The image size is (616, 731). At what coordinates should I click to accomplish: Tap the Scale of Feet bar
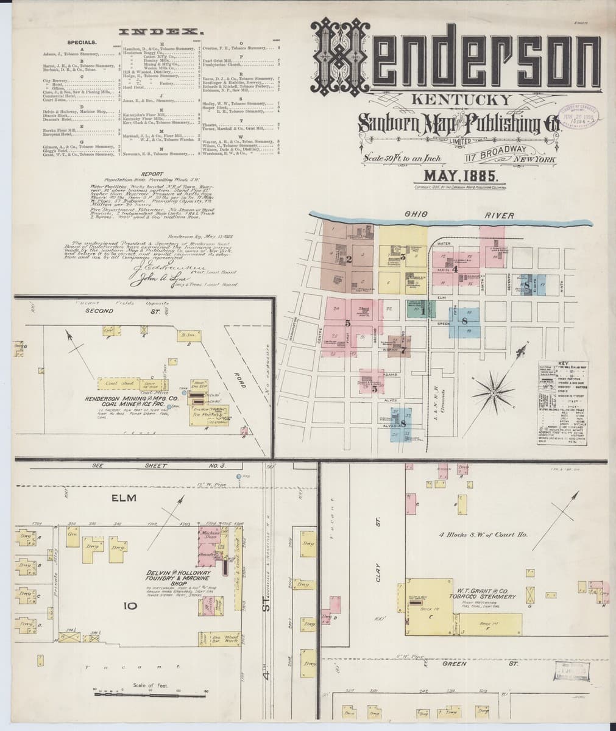146,691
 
